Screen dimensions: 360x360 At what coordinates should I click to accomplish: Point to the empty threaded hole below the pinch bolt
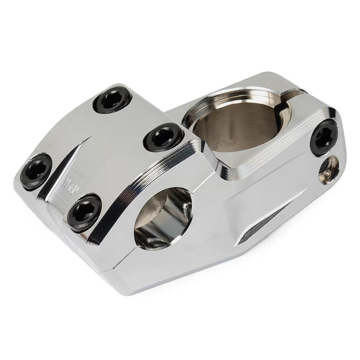[x=330, y=169]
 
